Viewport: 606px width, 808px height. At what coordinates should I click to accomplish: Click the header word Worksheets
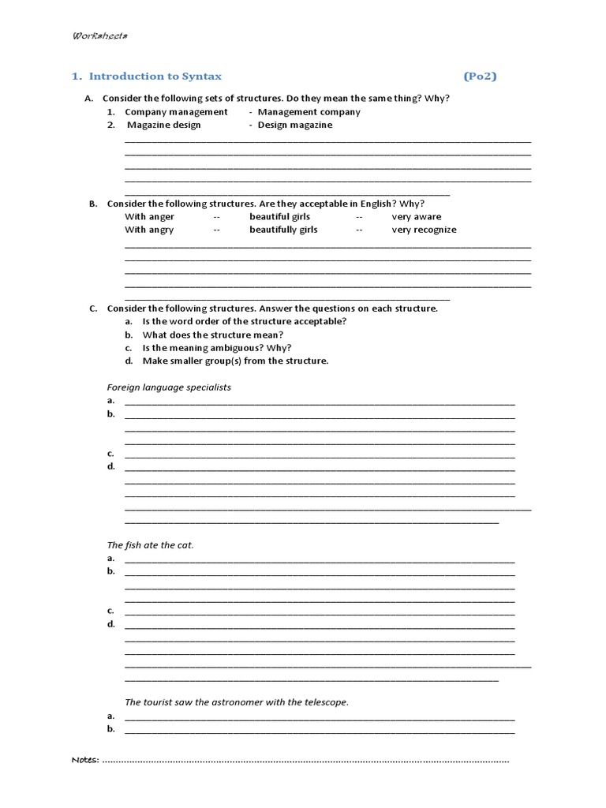101,36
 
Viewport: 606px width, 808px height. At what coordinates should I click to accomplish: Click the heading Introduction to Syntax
155,77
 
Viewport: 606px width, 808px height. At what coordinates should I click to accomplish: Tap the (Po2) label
480,77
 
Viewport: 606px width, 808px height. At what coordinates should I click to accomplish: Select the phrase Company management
176,112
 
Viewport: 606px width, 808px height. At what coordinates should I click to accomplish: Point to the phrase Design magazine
295,125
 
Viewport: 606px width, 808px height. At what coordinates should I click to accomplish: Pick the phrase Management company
309,112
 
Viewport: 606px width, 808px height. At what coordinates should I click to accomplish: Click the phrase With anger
150,217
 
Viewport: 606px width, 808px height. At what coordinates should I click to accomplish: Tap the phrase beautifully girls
283,230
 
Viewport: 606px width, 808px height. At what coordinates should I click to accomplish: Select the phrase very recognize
424,230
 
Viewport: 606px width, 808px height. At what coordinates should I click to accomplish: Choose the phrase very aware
417,217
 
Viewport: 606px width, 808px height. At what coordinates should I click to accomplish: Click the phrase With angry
149,230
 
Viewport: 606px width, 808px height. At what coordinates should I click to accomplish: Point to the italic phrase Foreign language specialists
169,387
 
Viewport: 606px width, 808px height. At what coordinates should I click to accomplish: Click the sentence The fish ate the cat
150,545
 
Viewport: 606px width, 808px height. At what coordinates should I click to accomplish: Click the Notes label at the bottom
85,760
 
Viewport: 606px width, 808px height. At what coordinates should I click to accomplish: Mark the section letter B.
92,204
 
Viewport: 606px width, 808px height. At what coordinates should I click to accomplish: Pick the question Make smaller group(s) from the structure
235,361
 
